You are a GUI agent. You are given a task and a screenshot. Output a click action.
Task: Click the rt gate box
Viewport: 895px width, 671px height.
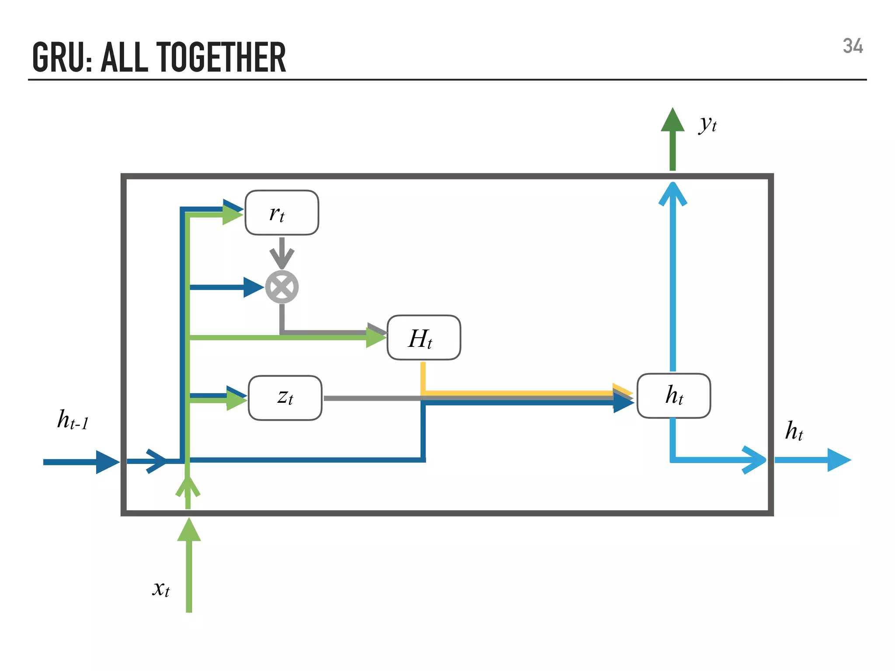coord(282,213)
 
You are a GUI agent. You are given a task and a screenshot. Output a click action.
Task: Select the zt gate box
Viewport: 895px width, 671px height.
coord(285,398)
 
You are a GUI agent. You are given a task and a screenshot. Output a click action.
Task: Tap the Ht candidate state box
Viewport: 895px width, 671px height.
coord(423,338)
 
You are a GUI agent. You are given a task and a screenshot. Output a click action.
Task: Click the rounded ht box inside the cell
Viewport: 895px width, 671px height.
coord(673,396)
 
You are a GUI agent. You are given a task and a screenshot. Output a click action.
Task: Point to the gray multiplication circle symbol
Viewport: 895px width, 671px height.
coord(282,287)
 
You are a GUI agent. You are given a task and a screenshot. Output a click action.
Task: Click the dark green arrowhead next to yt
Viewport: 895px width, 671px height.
coord(673,120)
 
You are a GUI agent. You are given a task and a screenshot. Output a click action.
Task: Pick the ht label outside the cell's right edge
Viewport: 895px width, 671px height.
coord(794,431)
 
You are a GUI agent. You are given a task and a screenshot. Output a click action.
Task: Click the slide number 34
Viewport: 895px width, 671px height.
coord(853,46)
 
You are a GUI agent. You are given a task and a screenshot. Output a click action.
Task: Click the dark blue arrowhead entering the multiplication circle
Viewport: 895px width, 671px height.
coord(253,287)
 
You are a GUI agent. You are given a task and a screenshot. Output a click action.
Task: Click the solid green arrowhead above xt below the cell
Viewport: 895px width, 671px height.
coord(189,530)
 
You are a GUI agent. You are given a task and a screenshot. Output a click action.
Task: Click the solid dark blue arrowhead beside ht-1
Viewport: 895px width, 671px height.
coord(107,462)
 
